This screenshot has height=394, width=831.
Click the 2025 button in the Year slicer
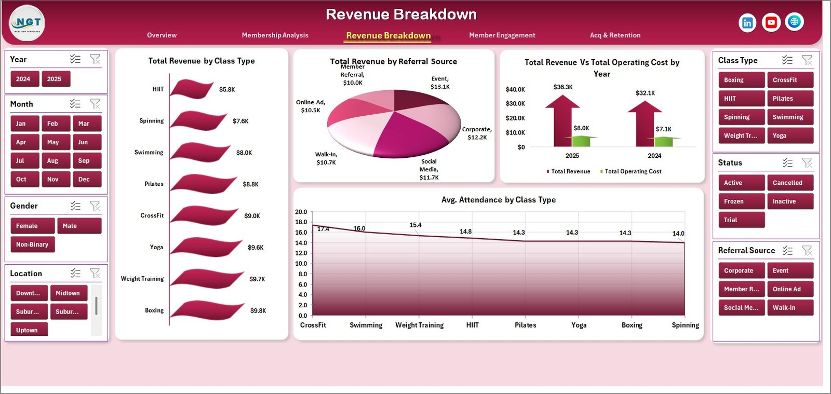[55, 79]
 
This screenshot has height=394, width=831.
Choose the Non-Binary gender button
[32, 244]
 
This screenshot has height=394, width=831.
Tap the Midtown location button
[68, 293]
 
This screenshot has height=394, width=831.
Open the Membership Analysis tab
[275, 35]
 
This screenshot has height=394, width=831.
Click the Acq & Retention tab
[615, 35]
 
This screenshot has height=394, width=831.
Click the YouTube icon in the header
[771, 22]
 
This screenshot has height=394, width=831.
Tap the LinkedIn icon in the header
[747, 23]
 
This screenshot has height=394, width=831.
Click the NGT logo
[27, 23]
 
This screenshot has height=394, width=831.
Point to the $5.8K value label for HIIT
[227, 90]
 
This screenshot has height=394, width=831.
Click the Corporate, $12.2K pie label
[477, 133]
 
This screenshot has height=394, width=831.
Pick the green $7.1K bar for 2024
[663, 141]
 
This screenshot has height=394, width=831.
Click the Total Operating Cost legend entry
[633, 171]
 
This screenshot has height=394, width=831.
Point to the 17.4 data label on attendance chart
[323, 229]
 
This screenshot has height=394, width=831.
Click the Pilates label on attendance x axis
[525, 325]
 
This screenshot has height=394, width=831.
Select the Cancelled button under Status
[789, 183]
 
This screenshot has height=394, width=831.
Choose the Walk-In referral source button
[789, 308]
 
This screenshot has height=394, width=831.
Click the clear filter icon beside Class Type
[807, 60]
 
